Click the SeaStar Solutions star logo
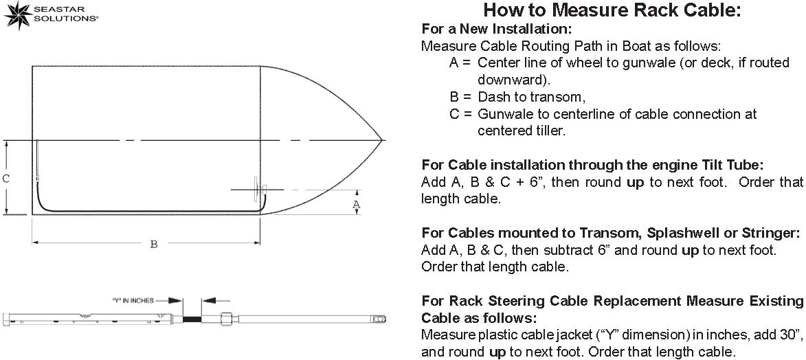16,14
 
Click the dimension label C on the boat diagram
5,179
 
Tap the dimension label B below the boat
154,245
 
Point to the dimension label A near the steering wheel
356,205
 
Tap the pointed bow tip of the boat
381,140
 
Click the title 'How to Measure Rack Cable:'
612,10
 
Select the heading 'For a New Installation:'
495,30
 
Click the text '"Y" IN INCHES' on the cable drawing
133,300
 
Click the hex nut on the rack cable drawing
225,319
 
